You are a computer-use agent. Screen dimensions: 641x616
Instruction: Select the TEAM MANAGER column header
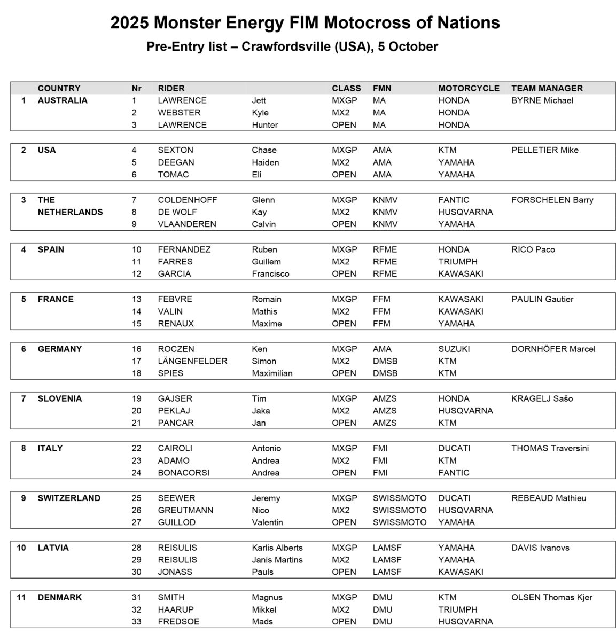click(x=547, y=88)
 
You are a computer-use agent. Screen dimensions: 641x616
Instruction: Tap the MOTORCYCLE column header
click(x=469, y=88)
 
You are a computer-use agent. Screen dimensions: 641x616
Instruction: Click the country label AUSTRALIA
click(x=63, y=100)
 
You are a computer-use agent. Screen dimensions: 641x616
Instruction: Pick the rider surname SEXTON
click(x=175, y=150)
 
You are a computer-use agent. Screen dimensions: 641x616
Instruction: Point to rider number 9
click(x=134, y=224)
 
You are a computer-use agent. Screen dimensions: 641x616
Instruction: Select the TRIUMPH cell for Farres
click(x=457, y=262)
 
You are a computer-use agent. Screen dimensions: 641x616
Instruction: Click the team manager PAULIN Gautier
click(x=542, y=299)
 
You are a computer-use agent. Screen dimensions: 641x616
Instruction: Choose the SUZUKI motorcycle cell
click(x=454, y=349)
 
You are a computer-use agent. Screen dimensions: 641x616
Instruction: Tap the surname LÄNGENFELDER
click(x=192, y=361)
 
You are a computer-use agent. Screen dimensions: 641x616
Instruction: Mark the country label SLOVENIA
click(x=60, y=398)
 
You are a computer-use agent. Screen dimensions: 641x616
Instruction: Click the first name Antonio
click(x=266, y=448)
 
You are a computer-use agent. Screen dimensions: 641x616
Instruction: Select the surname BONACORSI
click(x=183, y=473)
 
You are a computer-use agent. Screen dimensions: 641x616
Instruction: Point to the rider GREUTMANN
click(x=185, y=510)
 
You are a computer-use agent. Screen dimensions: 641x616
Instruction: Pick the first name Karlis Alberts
click(x=277, y=548)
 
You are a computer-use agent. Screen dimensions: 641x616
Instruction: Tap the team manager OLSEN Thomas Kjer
click(x=551, y=597)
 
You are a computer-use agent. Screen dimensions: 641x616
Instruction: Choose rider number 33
click(x=136, y=622)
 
